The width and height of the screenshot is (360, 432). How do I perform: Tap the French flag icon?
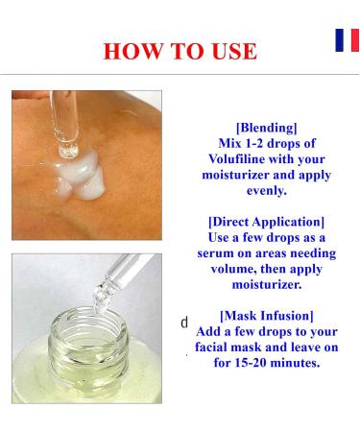[347, 40]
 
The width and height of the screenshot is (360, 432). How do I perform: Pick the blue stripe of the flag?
[339, 40]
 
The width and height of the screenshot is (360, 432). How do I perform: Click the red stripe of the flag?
[354, 40]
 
